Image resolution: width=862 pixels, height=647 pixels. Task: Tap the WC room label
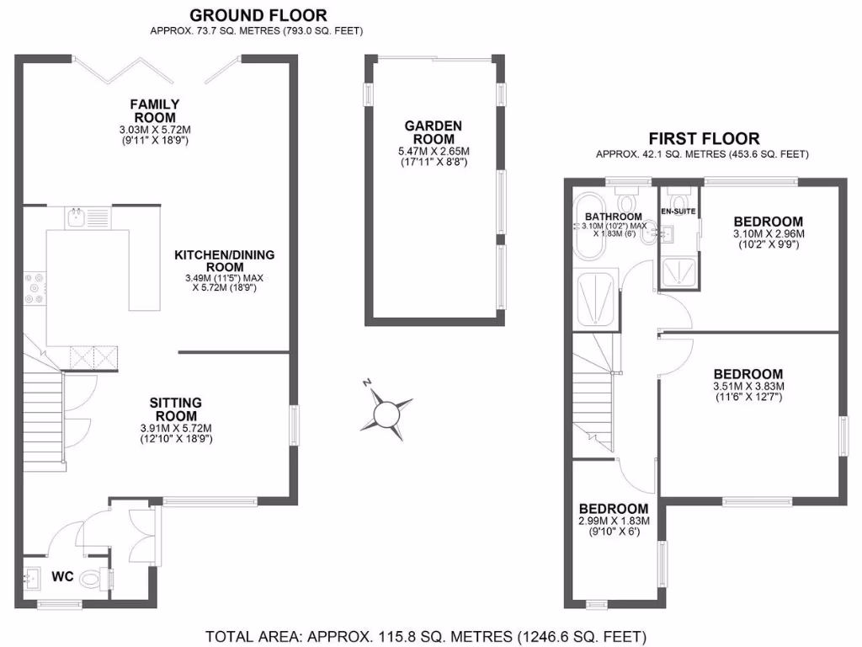pos(64,577)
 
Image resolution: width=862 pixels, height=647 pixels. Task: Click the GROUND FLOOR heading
pos(258,15)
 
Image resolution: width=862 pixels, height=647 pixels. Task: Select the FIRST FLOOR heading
pos(703,138)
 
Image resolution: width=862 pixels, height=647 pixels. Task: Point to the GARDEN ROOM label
pos(434,132)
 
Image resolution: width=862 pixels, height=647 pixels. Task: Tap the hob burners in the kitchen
pos(35,287)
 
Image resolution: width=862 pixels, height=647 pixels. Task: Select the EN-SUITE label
pos(678,211)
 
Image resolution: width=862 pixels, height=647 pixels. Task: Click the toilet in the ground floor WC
pos(103,580)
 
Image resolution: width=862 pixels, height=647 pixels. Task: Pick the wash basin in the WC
pos(35,577)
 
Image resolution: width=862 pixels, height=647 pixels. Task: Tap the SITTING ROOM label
pos(175,409)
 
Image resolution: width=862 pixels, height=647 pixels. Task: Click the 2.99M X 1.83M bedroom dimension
pos(614,521)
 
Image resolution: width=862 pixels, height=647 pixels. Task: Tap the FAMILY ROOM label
pos(154,110)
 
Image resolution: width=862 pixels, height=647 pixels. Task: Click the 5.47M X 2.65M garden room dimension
pos(434,152)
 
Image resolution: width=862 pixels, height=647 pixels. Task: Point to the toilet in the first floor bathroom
pos(626,201)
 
